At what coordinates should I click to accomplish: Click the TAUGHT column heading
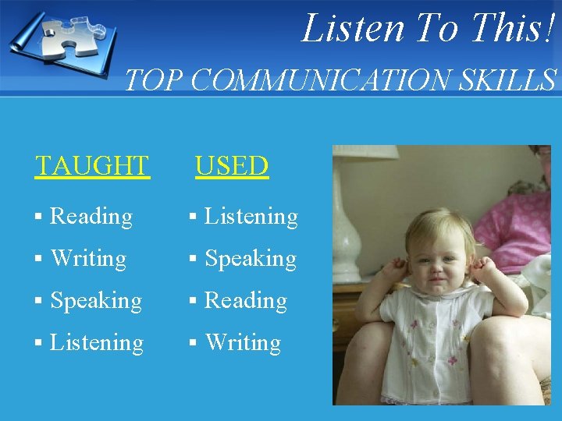(92, 165)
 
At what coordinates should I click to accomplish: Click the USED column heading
(232, 165)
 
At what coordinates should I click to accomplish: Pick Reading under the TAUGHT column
(91, 216)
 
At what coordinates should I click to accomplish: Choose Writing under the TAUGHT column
(88, 258)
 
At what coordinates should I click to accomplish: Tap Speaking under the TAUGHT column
(96, 301)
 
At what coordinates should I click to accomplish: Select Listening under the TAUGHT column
(97, 343)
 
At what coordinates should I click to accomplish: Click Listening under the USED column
(251, 216)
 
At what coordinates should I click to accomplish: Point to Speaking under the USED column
(251, 258)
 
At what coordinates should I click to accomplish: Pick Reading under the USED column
(246, 301)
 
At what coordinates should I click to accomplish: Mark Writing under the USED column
(243, 343)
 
